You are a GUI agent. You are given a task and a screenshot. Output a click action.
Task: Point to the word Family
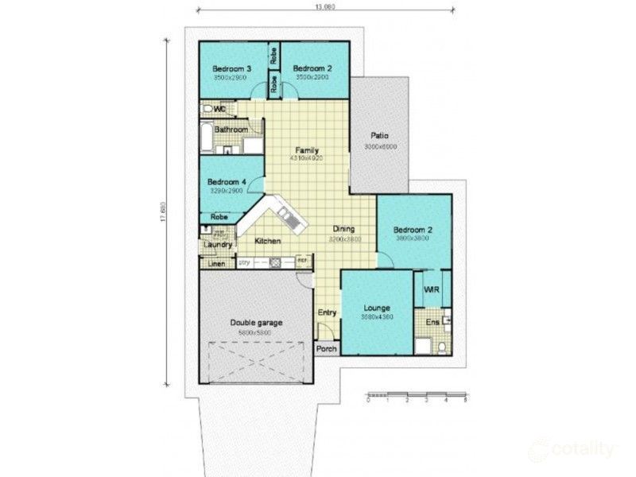coord(307,149)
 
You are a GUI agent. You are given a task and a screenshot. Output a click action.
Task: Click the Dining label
coord(343,229)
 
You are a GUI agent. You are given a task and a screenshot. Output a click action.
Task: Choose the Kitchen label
coord(267,240)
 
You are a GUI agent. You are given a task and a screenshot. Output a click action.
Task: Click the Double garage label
coord(256,322)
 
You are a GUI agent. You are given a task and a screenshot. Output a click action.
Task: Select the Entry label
coord(327,312)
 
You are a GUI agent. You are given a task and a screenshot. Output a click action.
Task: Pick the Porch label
coord(326,349)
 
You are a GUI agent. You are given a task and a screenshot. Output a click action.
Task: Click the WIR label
coord(432,289)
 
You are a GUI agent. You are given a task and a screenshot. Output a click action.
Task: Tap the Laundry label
coord(216,245)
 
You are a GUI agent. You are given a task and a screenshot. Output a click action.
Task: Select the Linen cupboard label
coord(216,263)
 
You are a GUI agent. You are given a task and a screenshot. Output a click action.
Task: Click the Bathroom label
coord(231,130)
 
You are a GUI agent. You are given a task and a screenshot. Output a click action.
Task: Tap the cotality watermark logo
coord(572,449)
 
